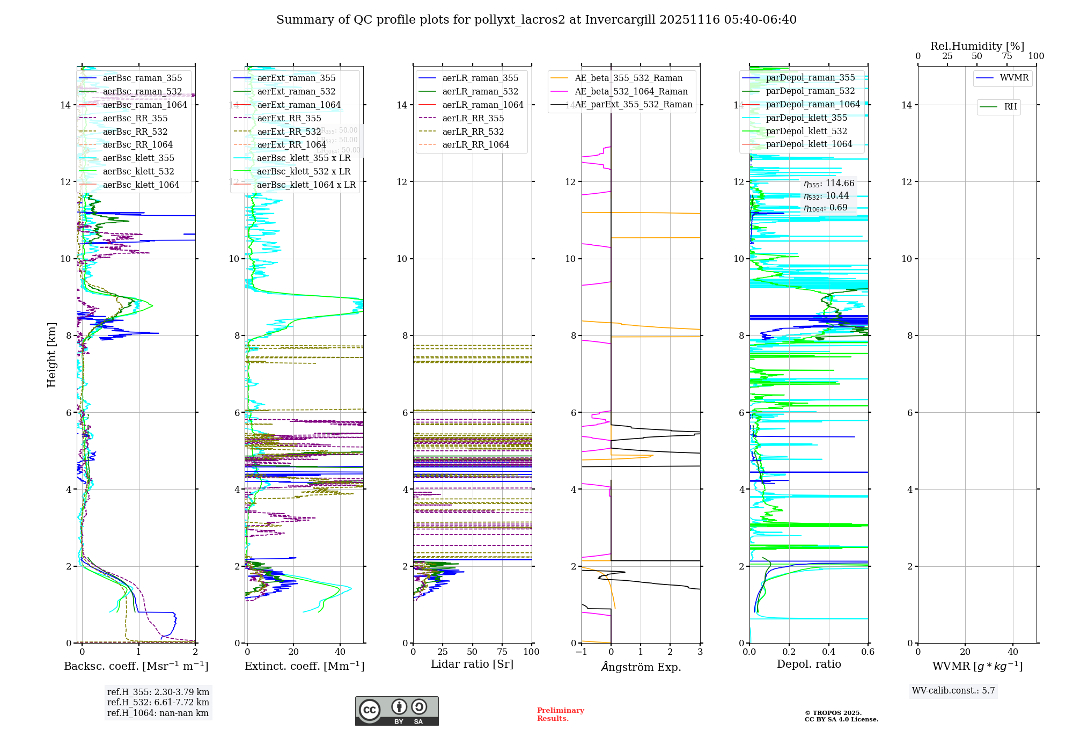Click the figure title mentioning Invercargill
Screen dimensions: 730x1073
point(536,20)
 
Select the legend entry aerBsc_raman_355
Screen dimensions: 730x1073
point(142,78)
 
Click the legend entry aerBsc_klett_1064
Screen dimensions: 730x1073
point(141,185)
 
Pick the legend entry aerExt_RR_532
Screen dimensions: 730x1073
point(289,132)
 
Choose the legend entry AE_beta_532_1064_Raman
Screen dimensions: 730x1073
point(631,92)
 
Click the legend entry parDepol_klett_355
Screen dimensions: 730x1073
point(806,118)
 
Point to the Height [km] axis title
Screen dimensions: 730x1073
point(52,354)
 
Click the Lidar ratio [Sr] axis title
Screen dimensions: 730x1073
point(472,665)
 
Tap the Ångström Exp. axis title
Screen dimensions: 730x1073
point(641,667)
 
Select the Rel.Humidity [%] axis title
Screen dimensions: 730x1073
point(977,46)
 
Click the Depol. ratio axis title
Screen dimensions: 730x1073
point(809,665)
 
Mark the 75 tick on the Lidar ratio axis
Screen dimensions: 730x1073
point(502,652)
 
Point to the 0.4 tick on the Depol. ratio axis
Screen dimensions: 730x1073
point(828,652)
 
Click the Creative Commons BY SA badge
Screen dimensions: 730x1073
point(396,711)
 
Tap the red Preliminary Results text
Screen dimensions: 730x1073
point(560,714)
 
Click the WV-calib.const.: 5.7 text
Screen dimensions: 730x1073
point(953,691)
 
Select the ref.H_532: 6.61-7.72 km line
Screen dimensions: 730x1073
point(158,703)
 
